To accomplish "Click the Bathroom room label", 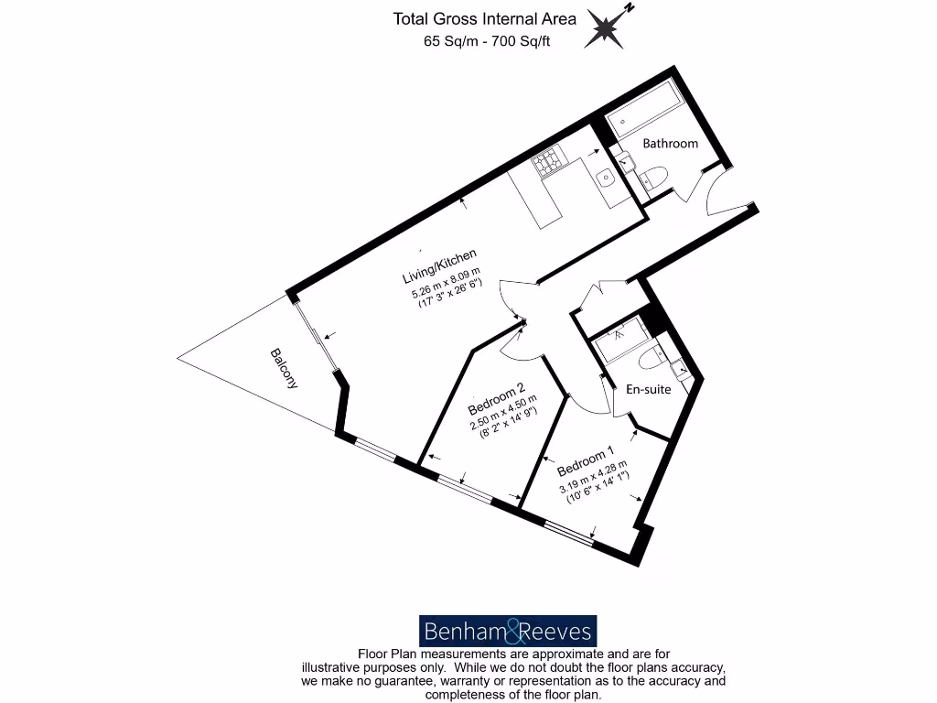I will click(670, 144).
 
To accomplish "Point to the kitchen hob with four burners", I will click(549, 164).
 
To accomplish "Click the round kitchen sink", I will click(605, 178).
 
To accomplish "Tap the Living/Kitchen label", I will click(440, 265).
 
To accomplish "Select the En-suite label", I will click(648, 389).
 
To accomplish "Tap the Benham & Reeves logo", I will click(508, 631).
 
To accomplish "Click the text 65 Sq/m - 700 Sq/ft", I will click(485, 41).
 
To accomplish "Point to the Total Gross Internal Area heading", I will click(485, 17).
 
